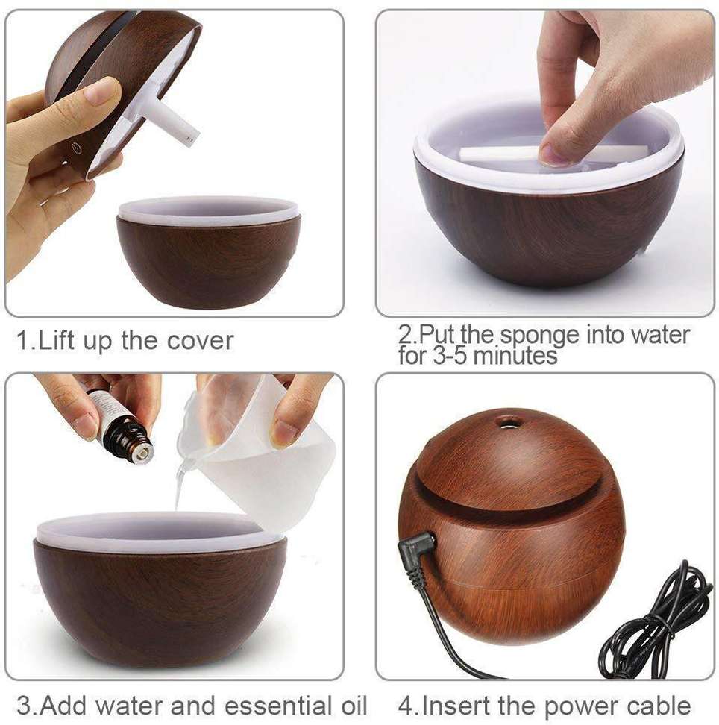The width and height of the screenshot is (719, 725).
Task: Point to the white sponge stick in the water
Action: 552,153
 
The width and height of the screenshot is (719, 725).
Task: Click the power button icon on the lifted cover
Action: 76,148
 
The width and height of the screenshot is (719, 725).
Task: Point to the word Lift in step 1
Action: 57,341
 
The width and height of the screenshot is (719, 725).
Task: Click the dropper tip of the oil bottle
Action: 142,452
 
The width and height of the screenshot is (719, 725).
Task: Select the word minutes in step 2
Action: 515,356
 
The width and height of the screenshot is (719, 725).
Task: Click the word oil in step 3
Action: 351,705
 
